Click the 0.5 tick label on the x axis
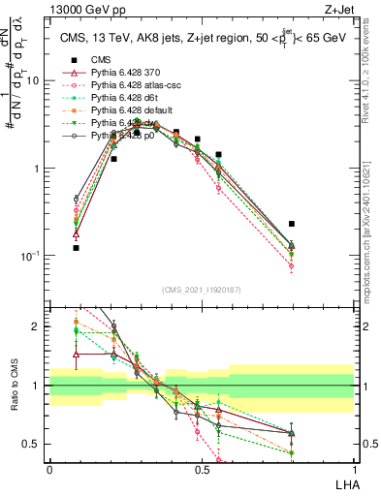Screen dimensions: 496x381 click(x=202, y=468)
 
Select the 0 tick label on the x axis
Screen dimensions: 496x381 click(x=49, y=468)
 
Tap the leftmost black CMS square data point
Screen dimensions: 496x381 click(x=77, y=248)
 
